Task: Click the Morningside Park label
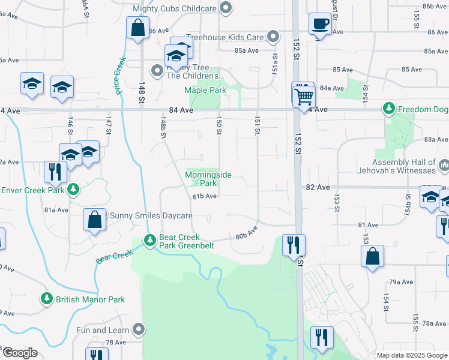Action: point(208,179)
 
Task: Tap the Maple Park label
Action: point(205,91)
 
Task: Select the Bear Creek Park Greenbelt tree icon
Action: point(149,241)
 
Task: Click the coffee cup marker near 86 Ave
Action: point(319,24)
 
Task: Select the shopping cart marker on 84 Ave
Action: point(305,95)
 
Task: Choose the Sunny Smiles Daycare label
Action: point(150,216)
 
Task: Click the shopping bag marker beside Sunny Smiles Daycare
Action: point(95,219)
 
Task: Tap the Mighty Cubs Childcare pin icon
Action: point(226,8)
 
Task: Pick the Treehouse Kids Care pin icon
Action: point(273,37)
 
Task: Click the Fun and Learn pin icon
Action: point(139,329)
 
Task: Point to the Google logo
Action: point(19,353)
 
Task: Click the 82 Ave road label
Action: point(318,187)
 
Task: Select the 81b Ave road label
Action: point(204,196)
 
